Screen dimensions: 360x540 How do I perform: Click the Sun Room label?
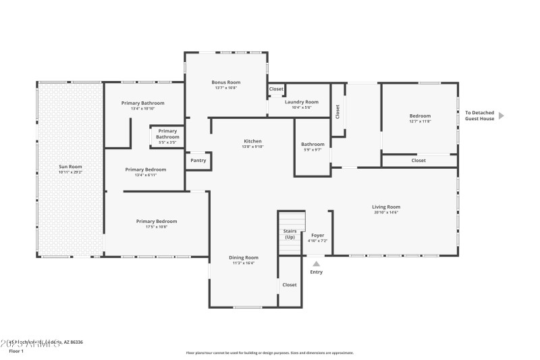pyautogui.click(x=70, y=166)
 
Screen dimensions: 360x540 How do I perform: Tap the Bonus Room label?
pyautogui.click(x=225, y=82)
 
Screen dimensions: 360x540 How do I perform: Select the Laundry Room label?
pyautogui.click(x=301, y=102)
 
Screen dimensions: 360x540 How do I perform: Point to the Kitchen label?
pyautogui.click(x=253, y=141)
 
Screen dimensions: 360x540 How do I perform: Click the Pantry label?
pyautogui.click(x=198, y=160)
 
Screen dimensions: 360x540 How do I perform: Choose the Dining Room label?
pyautogui.click(x=244, y=257)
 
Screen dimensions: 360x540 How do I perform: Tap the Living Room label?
pyautogui.click(x=386, y=207)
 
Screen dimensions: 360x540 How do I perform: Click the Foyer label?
pyautogui.click(x=317, y=235)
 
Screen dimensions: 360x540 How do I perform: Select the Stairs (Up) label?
pyautogui.click(x=290, y=234)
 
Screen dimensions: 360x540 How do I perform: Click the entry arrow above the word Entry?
pyautogui.click(x=316, y=263)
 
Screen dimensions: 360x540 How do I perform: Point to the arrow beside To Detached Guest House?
pyautogui.click(x=501, y=115)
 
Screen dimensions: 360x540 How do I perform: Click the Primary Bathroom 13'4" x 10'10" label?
pyautogui.click(x=143, y=103)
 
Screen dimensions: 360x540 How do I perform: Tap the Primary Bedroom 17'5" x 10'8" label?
pyautogui.click(x=157, y=222)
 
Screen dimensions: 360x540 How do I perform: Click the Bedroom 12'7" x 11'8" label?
pyautogui.click(x=420, y=116)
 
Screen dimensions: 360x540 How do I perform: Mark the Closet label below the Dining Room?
pyautogui.click(x=290, y=285)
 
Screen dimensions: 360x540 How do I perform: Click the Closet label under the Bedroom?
pyautogui.click(x=418, y=161)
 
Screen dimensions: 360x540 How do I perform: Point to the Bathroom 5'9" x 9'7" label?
pyautogui.click(x=313, y=144)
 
